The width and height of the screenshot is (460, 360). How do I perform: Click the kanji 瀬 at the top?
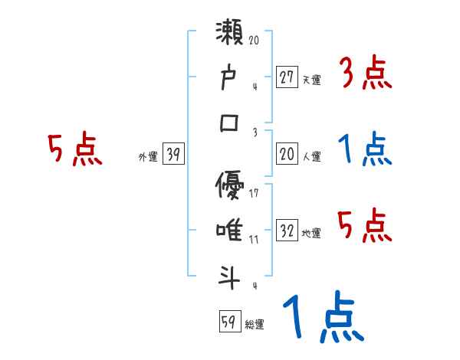click(x=231, y=34)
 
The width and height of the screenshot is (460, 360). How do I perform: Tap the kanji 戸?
click(x=231, y=78)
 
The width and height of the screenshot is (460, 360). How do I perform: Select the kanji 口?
click(x=231, y=123)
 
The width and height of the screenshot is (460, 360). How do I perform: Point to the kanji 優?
click(x=231, y=185)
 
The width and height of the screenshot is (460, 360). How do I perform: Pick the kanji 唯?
click(x=231, y=229)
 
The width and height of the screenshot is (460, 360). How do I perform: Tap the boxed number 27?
click(x=287, y=77)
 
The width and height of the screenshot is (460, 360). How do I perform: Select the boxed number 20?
click(x=287, y=155)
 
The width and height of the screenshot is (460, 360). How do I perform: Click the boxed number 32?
click(x=287, y=231)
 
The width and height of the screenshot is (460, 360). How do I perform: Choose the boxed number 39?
click(x=173, y=155)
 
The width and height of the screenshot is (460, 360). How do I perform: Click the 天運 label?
click(x=311, y=80)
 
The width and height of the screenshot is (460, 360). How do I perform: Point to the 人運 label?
click(x=311, y=157)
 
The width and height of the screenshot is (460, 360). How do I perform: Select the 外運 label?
click(x=147, y=157)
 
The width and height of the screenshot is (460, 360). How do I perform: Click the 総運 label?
click(x=255, y=325)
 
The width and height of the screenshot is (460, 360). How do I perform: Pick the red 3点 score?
click(x=365, y=74)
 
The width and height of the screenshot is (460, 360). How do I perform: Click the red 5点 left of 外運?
click(x=74, y=150)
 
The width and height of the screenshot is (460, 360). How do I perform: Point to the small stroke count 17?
click(x=254, y=193)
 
